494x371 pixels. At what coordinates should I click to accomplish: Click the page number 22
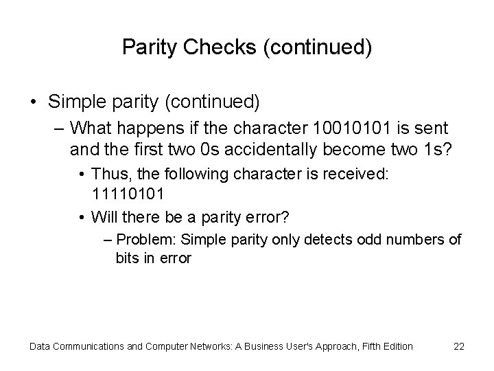click(459, 346)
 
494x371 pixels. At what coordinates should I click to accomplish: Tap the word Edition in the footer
click(395, 346)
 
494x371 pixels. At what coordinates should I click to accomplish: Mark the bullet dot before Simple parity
click(34, 102)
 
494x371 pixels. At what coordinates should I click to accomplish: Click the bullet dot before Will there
click(82, 218)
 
